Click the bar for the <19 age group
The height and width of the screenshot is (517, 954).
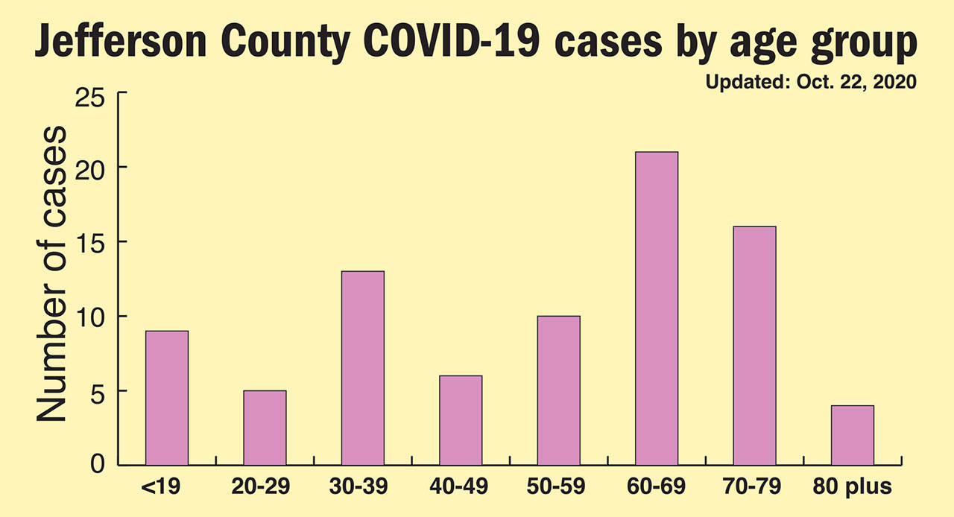[x=167, y=398]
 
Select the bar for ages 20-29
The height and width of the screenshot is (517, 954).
[x=265, y=428]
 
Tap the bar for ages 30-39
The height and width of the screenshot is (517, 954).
[x=363, y=368]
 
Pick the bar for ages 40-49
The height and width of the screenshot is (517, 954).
[x=461, y=420]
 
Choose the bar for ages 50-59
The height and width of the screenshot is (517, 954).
[x=558, y=390]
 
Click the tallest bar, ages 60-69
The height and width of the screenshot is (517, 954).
[x=657, y=308]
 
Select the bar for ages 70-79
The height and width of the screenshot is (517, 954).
[x=754, y=346]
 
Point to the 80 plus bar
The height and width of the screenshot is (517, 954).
[x=852, y=435]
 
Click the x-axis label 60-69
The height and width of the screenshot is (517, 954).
[x=656, y=488]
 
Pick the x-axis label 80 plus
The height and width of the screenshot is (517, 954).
[x=852, y=488]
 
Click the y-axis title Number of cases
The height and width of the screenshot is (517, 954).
[x=51, y=274]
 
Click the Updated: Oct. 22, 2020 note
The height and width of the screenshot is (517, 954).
[x=810, y=82]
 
